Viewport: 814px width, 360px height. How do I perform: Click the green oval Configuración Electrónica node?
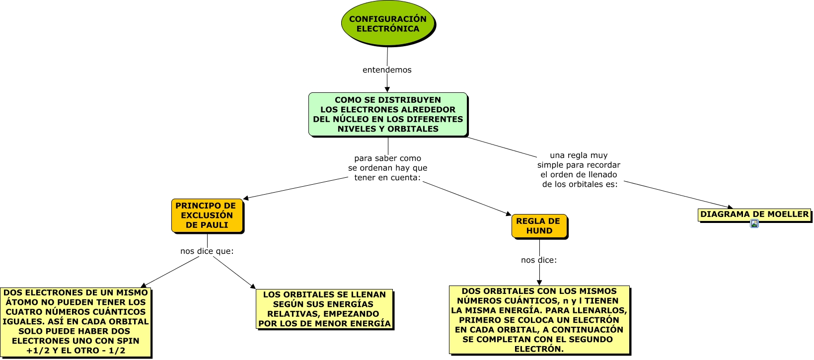point(387,24)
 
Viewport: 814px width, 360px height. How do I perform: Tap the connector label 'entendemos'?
point(387,70)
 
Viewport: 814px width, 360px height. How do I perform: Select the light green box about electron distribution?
point(388,114)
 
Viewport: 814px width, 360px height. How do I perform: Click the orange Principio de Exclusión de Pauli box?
point(207,216)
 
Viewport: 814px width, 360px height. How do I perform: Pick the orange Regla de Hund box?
point(539,226)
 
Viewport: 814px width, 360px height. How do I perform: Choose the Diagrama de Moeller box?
point(754,215)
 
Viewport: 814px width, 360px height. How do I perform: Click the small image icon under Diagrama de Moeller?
point(754,224)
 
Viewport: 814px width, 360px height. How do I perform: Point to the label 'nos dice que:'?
point(207,251)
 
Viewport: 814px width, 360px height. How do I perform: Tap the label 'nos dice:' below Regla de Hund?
point(539,260)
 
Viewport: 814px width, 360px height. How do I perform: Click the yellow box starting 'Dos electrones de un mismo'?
point(75,322)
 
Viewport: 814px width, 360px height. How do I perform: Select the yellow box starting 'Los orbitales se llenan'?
point(324,309)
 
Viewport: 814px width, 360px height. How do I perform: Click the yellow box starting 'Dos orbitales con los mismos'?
point(539,320)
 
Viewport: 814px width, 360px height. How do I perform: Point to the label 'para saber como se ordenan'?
point(387,168)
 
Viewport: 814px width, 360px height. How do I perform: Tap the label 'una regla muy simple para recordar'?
point(579,170)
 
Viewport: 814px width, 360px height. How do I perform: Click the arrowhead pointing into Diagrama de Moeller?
point(730,207)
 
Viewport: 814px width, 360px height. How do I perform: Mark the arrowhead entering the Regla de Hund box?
point(508,214)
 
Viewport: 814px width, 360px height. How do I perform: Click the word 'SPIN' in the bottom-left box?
point(129,341)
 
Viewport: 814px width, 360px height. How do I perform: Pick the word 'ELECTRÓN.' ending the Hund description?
point(539,349)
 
